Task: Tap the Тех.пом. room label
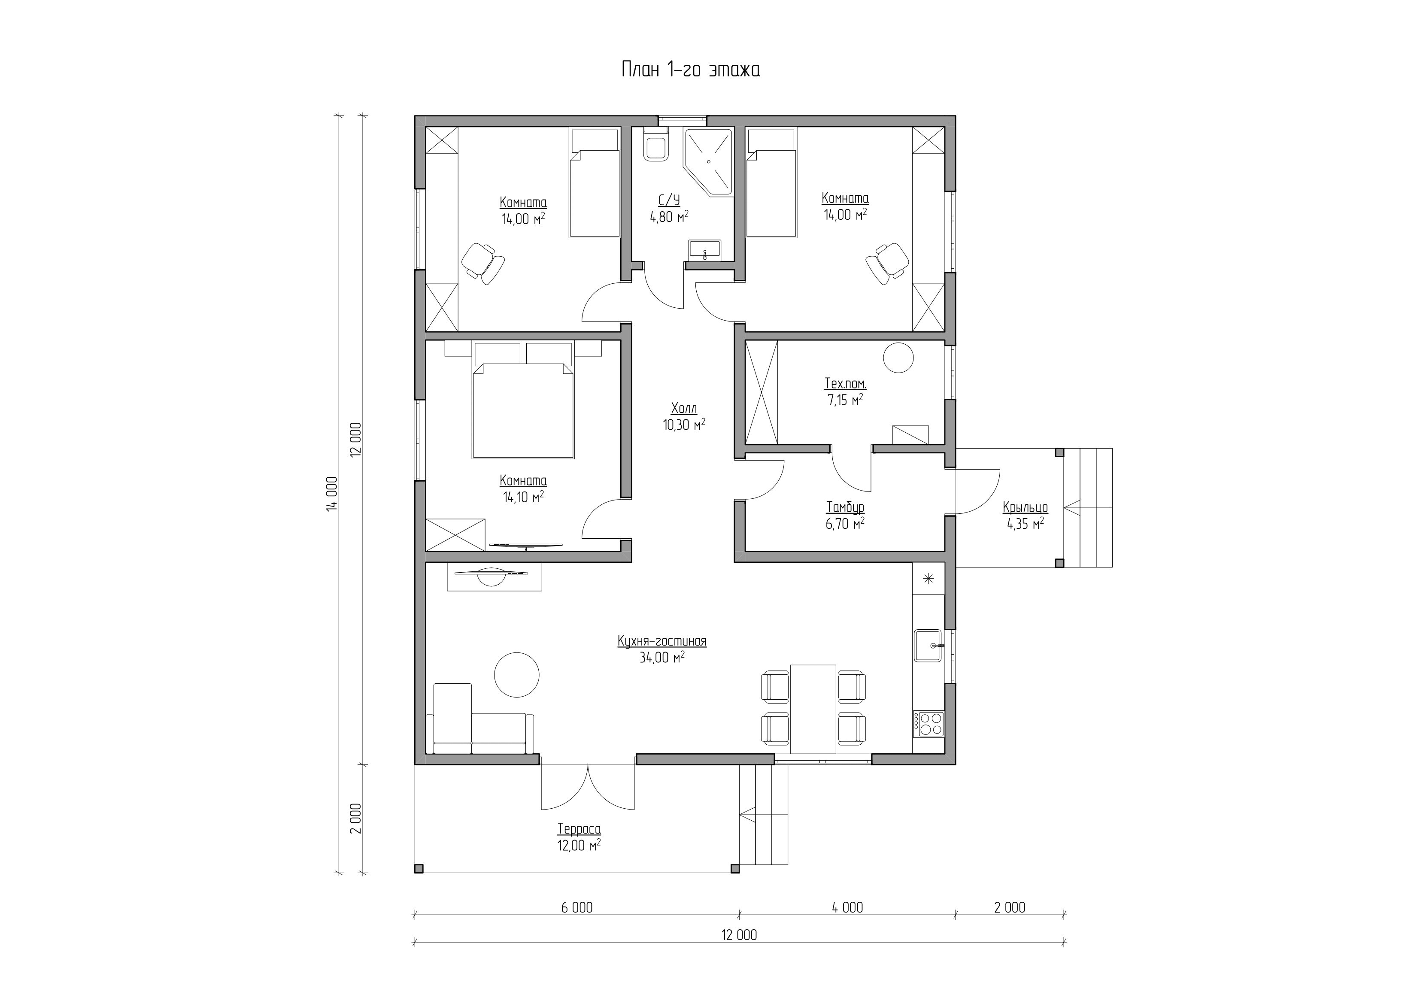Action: pos(845,384)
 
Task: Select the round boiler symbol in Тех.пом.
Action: pos(898,358)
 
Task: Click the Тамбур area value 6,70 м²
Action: pos(845,524)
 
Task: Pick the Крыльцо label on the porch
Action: pos(1025,508)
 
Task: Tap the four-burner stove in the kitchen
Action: pos(928,723)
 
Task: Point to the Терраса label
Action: pos(579,829)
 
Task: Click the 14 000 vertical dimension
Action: pos(333,493)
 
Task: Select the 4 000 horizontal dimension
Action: pos(847,907)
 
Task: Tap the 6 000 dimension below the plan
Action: pos(576,907)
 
